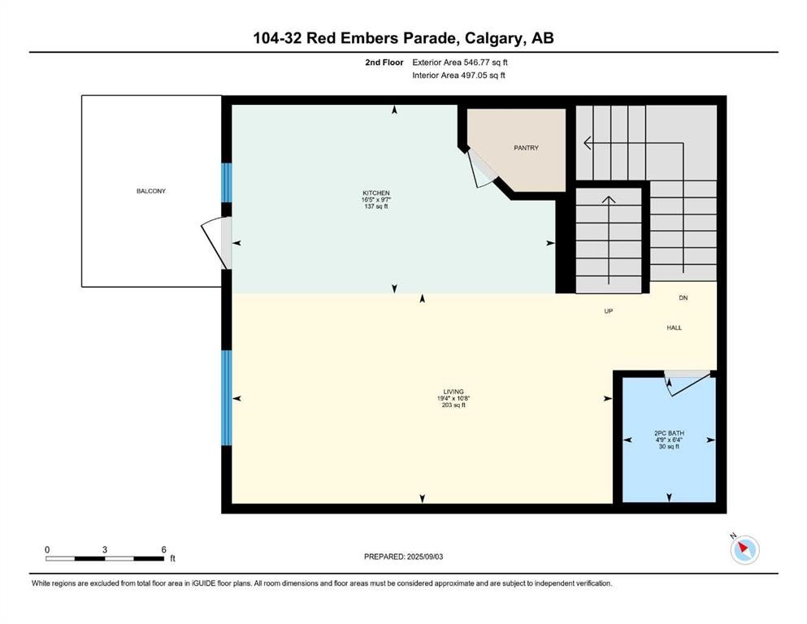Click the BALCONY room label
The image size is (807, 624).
[151, 191]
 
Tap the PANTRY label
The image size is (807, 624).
[526, 148]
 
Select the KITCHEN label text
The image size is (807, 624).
[376, 193]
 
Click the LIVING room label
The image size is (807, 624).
[453, 392]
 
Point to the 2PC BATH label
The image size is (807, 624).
[669, 433]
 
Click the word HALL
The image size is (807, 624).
[675, 327]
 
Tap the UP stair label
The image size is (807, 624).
[609, 311]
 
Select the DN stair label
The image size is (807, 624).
[683, 298]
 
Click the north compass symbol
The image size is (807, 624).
[744, 549]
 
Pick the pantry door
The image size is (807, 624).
[481, 169]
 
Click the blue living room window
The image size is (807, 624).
[227, 397]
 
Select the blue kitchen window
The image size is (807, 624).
[227, 183]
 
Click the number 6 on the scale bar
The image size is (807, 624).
[163, 549]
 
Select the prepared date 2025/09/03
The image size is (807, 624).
[425, 557]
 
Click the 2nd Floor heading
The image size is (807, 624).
[384, 63]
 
